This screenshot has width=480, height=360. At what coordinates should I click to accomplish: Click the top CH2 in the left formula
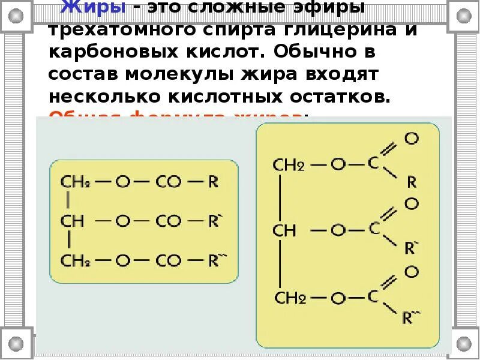coord(76,182)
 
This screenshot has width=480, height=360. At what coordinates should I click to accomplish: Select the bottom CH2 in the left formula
coord(76,260)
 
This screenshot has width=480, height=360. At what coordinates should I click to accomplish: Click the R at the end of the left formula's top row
coord(213,182)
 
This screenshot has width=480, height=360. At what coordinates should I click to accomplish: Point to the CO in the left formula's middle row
coord(168,221)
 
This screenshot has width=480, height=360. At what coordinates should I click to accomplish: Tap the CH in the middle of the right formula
coord(284,230)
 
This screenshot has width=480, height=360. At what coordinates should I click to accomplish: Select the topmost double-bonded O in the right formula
coord(411,139)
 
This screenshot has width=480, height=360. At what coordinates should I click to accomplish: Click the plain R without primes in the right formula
coord(411,181)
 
